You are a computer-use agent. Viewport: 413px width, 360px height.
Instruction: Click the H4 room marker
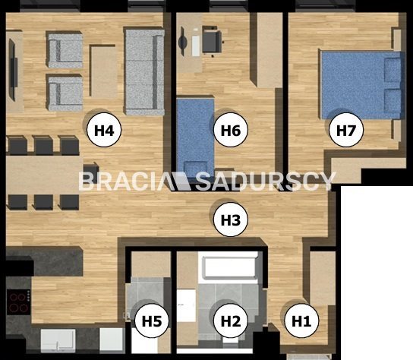coord(104,130)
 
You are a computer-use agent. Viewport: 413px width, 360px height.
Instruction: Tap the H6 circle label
coord(231,130)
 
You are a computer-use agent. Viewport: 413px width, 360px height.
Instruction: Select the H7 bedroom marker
coord(346,130)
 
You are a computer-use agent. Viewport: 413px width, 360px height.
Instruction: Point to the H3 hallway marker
coord(231,219)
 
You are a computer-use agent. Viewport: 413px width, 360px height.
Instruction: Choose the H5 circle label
coord(152,321)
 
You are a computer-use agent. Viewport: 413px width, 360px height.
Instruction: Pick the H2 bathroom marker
coord(231,321)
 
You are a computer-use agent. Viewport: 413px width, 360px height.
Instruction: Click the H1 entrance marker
coord(301,321)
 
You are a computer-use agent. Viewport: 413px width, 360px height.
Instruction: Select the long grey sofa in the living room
coord(144,71)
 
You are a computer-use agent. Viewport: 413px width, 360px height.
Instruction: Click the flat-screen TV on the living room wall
coord(13,70)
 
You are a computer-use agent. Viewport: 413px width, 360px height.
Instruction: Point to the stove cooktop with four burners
coord(18,302)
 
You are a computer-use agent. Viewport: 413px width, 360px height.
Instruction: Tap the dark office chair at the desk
coord(213,40)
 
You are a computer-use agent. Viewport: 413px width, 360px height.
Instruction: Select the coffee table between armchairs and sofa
coord(103,71)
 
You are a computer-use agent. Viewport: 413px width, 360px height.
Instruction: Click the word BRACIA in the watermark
coord(123,182)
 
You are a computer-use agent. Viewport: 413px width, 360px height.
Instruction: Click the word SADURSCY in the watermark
coord(266,182)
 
